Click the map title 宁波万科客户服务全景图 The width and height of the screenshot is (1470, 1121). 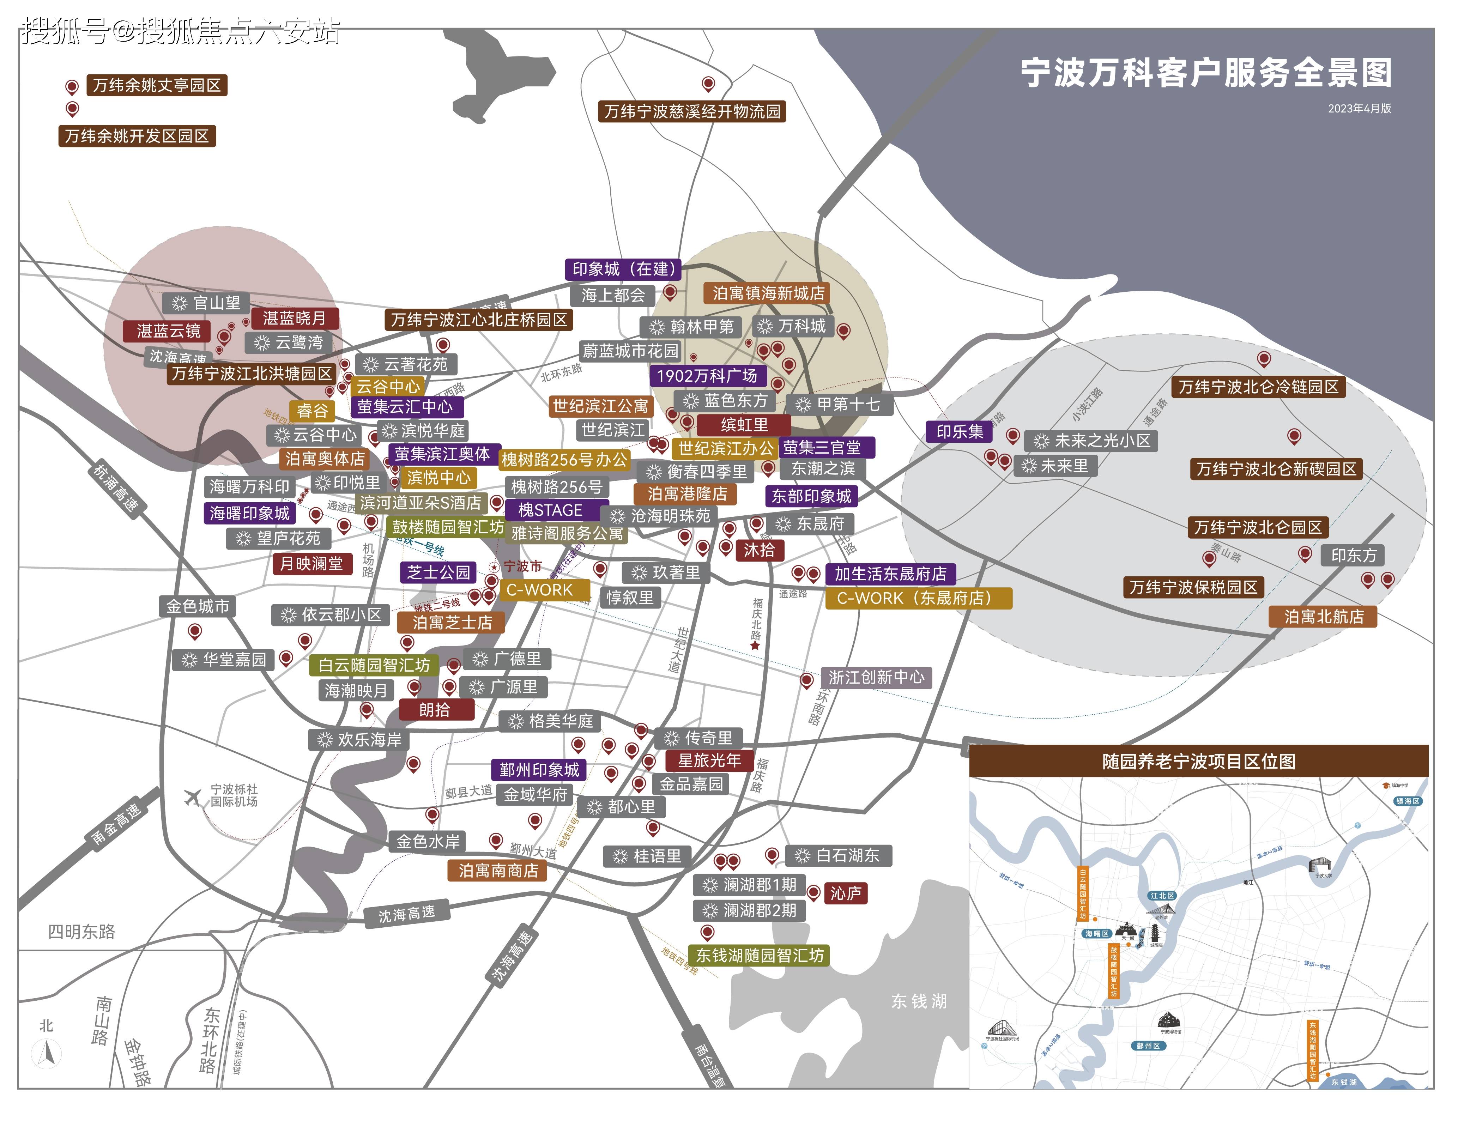point(1206,73)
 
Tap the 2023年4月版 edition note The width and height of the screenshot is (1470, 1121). point(1359,109)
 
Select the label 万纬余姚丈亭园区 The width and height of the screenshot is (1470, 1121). point(157,85)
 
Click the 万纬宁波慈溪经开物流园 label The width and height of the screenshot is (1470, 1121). point(692,111)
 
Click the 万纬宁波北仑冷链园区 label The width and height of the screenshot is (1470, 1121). point(1258,387)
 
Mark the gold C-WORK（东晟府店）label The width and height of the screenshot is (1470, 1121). point(918,598)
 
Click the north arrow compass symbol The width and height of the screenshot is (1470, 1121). point(47,1054)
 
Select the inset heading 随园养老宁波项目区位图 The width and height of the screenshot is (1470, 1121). point(1198,761)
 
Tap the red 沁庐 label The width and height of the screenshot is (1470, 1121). point(846,893)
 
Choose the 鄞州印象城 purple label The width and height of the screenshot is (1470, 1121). point(539,770)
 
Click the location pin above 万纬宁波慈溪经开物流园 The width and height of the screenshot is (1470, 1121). point(709,84)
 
